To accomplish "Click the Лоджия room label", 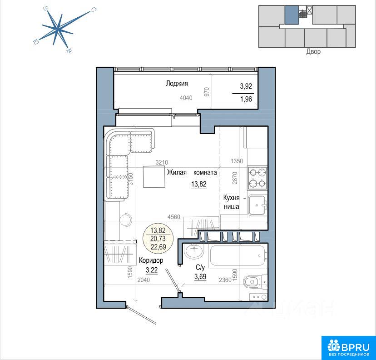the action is [x=177, y=84].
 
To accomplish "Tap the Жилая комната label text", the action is [x=192, y=172].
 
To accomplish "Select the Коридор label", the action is [x=151, y=260].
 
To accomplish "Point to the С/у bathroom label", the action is [x=200, y=267].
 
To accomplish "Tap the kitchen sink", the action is [x=258, y=205].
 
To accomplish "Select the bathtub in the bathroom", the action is [x=237, y=255].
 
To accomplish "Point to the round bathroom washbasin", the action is [x=194, y=250].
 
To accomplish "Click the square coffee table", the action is [x=154, y=177].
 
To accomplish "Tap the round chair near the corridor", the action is [x=126, y=220].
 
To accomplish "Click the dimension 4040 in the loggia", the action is [x=186, y=98].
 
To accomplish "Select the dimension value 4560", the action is [x=173, y=217].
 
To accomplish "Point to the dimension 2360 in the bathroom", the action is [x=225, y=280].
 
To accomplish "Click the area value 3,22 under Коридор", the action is [x=152, y=270].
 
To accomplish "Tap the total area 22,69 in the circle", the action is [x=158, y=246].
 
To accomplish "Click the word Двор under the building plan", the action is [x=313, y=52].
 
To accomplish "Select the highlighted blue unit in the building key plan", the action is [x=292, y=15].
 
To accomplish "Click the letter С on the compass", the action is [x=93, y=10].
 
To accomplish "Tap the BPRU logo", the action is [x=348, y=348].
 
